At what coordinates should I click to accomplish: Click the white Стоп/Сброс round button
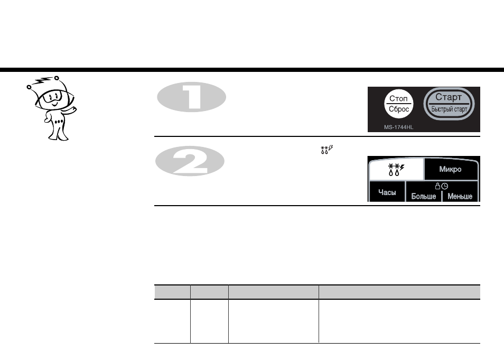[x=398, y=104]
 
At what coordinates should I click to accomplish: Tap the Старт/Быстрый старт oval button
[x=449, y=104]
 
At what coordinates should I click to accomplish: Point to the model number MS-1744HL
[x=398, y=127]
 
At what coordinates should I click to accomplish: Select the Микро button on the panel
[x=451, y=169]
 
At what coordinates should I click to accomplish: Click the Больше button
[x=424, y=196]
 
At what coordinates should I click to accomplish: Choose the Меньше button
[x=460, y=196]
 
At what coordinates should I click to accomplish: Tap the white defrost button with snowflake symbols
[x=396, y=170]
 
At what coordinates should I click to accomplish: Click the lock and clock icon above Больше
[x=441, y=186]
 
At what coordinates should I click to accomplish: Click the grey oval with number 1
[x=192, y=97]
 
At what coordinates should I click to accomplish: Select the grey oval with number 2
[x=190, y=161]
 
